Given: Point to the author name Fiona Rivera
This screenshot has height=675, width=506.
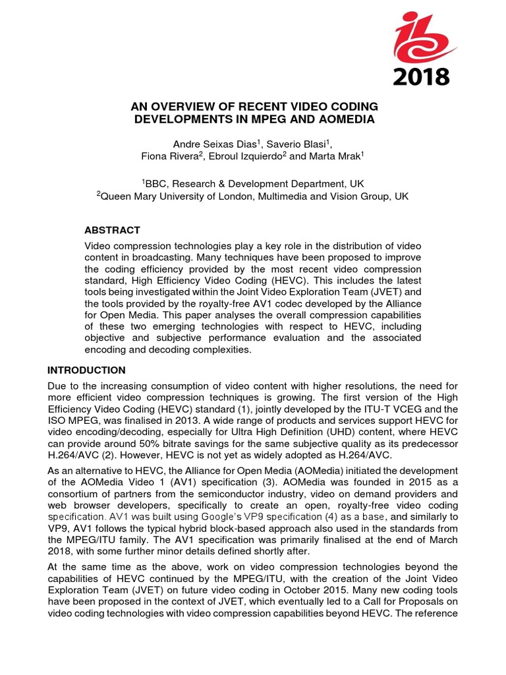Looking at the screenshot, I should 171,157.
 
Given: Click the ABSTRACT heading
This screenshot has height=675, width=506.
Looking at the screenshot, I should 112,230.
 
